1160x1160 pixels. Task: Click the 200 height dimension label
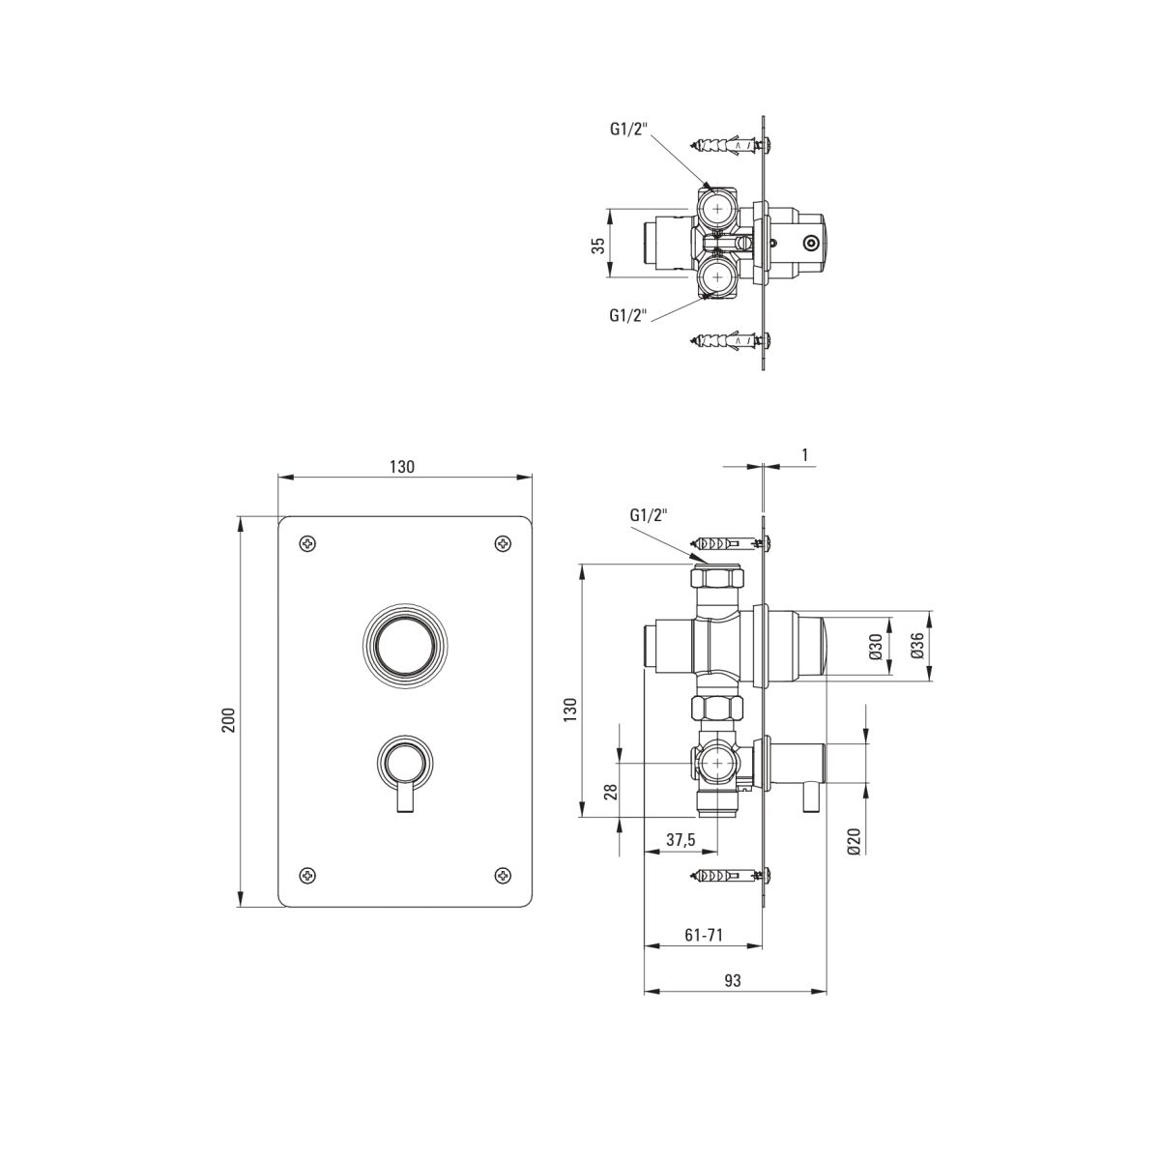229,719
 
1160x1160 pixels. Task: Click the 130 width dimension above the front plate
401,467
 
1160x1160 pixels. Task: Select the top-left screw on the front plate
308,543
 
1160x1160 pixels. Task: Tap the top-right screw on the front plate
503,543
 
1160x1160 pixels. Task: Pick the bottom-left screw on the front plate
308,874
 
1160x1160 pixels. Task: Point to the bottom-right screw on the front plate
503,874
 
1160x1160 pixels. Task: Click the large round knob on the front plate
405,647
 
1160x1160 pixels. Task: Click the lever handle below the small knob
405,797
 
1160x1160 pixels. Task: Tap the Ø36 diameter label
916,646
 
